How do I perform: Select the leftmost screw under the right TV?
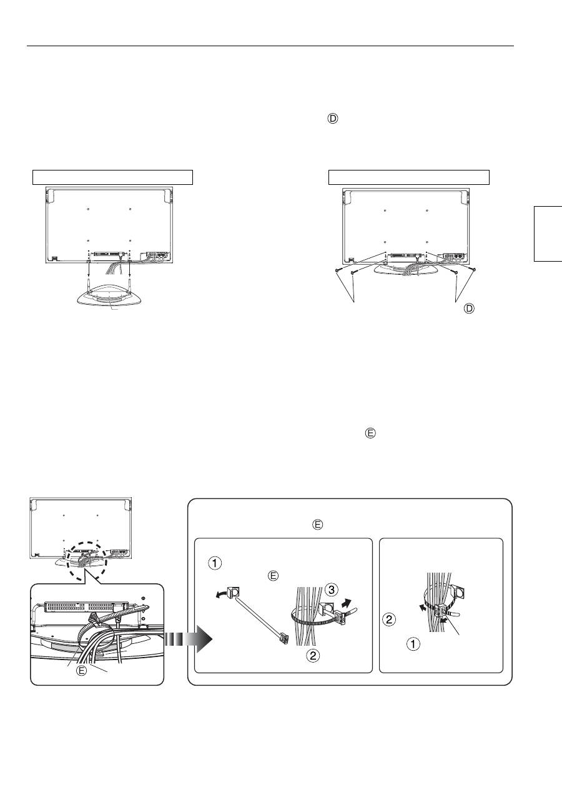(338, 269)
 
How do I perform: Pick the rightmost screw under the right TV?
(476, 269)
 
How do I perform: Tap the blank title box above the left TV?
(113, 176)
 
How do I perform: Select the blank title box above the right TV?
(409, 176)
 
